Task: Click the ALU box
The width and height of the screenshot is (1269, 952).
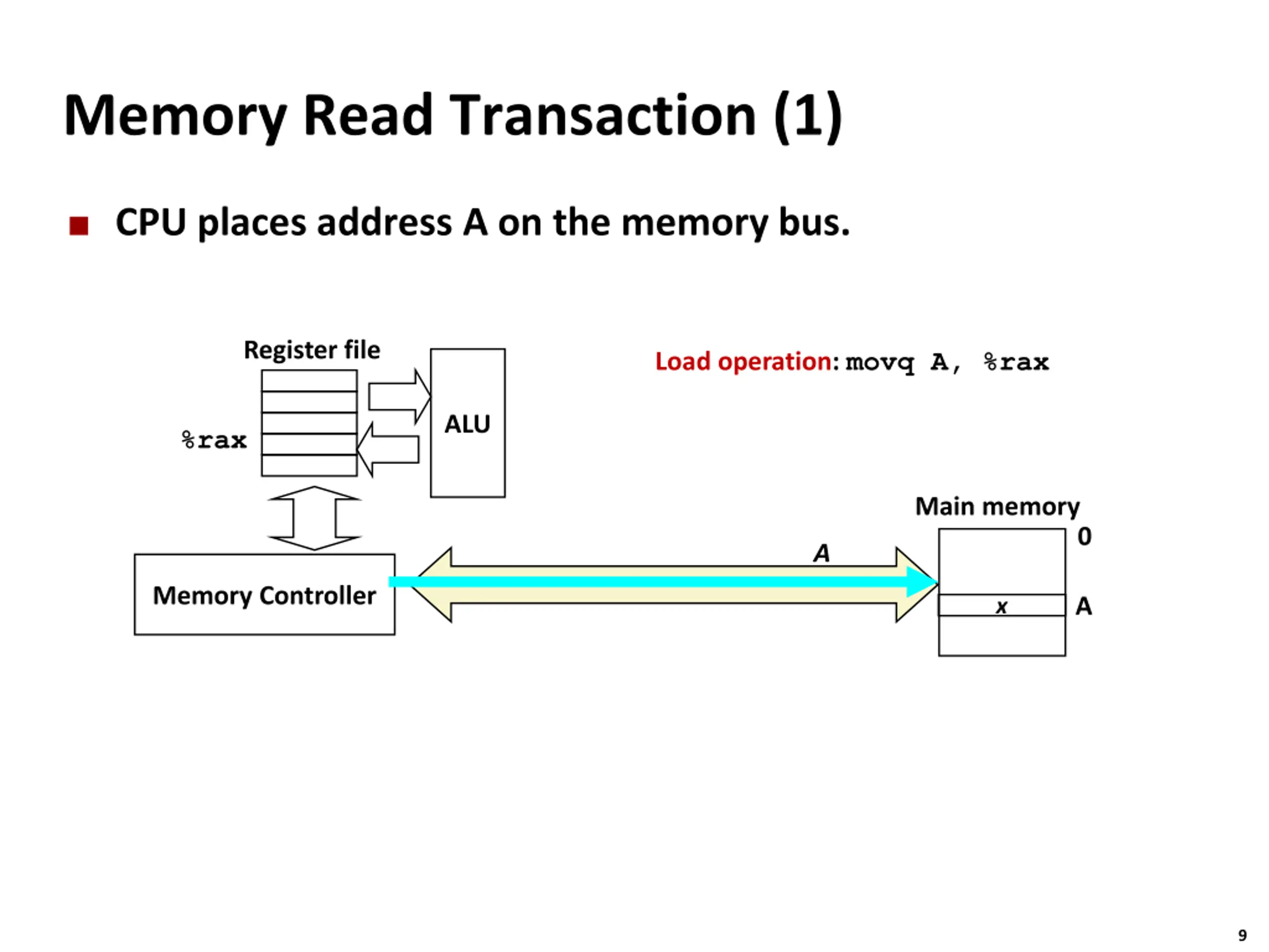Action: pos(467,423)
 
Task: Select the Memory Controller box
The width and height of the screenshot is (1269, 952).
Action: pos(265,595)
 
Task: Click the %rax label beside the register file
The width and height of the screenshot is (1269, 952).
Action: pos(214,440)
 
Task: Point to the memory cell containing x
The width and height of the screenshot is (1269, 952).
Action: pos(1002,605)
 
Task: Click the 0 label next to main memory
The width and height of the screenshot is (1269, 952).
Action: pos(1084,536)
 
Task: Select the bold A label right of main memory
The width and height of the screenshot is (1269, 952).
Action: pos(1083,606)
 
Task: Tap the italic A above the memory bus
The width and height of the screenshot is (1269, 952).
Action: pos(821,553)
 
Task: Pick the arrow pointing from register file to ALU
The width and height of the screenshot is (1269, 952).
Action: pos(399,397)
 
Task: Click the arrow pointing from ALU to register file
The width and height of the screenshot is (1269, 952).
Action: pos(388,449)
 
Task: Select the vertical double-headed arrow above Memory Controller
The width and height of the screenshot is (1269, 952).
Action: pos(314,518)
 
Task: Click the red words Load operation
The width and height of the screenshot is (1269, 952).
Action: pos(744,361)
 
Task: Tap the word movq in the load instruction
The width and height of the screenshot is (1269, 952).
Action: pos(879,362)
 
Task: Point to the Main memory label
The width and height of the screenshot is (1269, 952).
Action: pos(997,507)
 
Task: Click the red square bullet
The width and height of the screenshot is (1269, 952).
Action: pos(79,226)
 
